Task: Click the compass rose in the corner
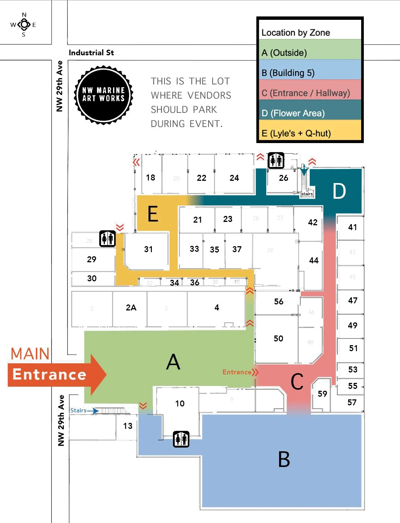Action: pyautogui.click(x=24, y=25)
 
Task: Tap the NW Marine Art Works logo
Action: pyautogui.click(x=103, y=95)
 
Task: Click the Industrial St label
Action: pyautogui.click(x=91, y=53)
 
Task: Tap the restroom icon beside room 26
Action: pyautogui.click(x=276, y=161)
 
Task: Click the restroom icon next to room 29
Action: pyautogui.click(x=107, y=238)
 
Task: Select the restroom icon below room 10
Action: pyautogui.click(x=181, y=439)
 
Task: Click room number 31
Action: pyautogui.click(x=149, y=249)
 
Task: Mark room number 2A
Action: pyautogui.click(x=131, y=307)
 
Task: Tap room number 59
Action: pyautogui.click(x=322, y=394)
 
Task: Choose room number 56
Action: pyautogui.click(x=279, y=301)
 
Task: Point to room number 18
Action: pyautogui.click(x=150, y=177)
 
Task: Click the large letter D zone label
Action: pyautogui.click(x=339, y=191)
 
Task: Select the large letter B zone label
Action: pyautogui.click(x=284, y=459)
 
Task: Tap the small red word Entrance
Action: pyautogui.click(x=237, y=372)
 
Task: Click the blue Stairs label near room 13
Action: pyautogui.click(x=78, y=411)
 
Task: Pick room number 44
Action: pyautogui.click(x=314, y=260)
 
